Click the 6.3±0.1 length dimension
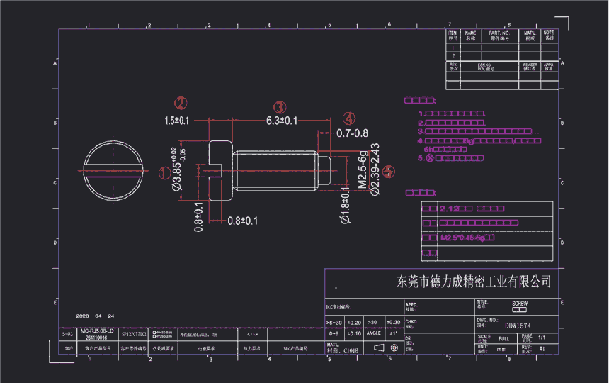[281, 121]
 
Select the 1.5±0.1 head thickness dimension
[176, 121]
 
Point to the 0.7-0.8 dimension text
[352, 133]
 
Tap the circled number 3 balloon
[280, 107]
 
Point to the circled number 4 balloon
[348, 118]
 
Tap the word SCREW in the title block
[519, 304]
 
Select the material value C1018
[350, 350]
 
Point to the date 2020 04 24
[95, 316]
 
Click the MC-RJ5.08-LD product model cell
[97, 331]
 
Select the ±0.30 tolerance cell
[392, 322]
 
